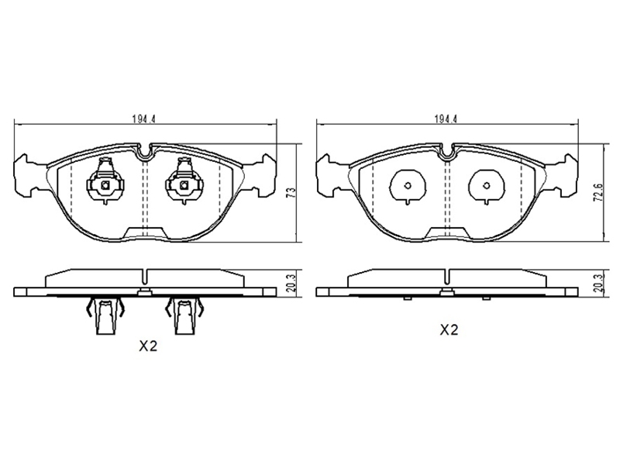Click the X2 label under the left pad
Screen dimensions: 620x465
pos(148,346)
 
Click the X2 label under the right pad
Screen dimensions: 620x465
pos(449,329)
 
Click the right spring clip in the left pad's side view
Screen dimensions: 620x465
pos(184,315)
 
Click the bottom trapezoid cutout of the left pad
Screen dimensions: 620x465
pos(146,233)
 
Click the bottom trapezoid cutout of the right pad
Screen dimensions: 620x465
pos(448,233)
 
